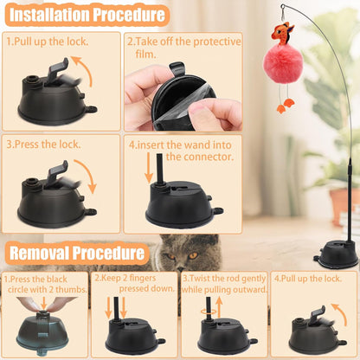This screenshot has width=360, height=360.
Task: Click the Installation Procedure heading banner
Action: coord(85,15)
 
